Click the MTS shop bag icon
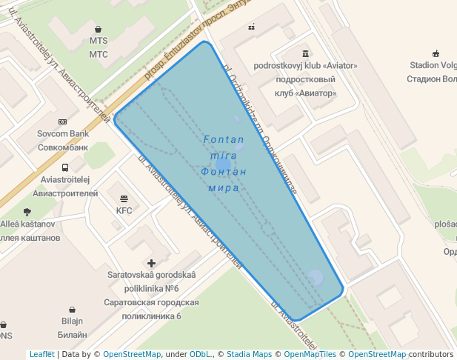click(98, 30)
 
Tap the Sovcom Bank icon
click(62, 122)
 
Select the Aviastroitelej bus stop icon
click(65, 168)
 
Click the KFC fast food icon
click(124, 199)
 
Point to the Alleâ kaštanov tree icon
click(27, 212)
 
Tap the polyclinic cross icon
click(152, 263)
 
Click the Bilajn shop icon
click(72, 310)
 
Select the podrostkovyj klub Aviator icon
click(305, 53)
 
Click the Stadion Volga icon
click(436, 53)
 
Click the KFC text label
click(124, 210)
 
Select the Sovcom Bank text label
click(63, 140)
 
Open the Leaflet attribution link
click(42, 354)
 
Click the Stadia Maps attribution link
click(249, 354)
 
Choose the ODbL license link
click(201, 354)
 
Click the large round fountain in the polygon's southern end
click(315, 278)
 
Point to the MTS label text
click(99, 47)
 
